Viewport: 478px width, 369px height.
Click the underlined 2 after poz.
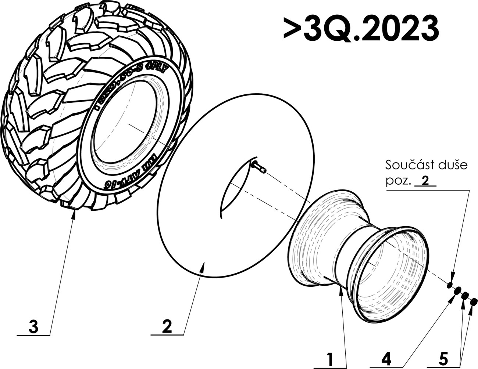[425, 181]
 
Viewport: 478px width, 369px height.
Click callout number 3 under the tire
[33, 326]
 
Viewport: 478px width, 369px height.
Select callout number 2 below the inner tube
[167, 326]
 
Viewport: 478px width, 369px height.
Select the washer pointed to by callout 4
[457, 291]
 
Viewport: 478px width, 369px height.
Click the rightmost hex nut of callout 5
[474, 303]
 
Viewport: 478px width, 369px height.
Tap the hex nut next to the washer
[465, 296]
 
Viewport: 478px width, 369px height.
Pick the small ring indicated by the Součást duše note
[450, 285]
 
